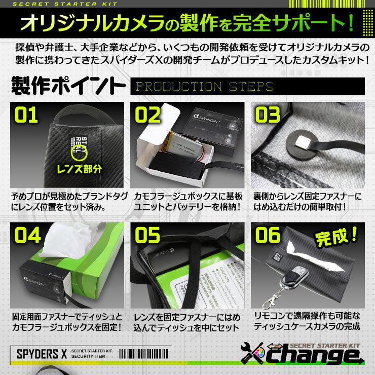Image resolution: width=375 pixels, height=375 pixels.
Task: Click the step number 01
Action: click(x=26, y=115)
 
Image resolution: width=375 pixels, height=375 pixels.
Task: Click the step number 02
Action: click(x=147, y=115)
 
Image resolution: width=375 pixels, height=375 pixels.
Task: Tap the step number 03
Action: click(x=268, y=115)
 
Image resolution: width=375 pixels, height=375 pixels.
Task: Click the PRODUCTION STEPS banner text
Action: click(x=205, y=86)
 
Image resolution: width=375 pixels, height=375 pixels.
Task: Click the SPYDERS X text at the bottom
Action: click(x=38, y=353)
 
